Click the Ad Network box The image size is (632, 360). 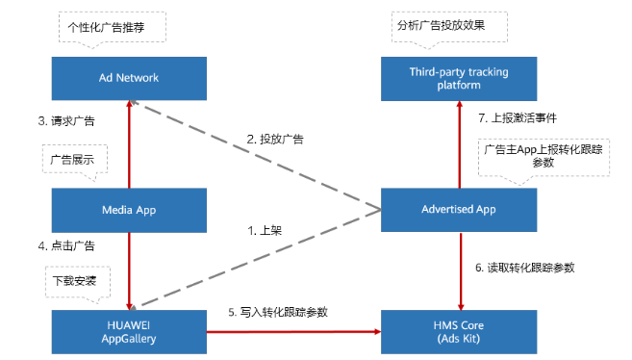point(129,77)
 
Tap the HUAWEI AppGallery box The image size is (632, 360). point(129,331)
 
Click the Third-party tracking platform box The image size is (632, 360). point(458,77)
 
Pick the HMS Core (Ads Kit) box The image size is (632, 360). point(458,331)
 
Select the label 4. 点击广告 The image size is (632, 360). point(66,245)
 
